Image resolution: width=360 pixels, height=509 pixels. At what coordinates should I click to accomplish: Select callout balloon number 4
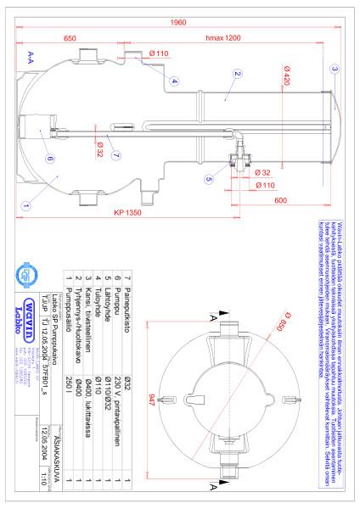tap(173, 81)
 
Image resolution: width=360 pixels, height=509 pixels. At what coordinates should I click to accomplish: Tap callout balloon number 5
tap(210, 180)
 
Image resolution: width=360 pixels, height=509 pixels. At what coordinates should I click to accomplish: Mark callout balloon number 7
tap(116, 154)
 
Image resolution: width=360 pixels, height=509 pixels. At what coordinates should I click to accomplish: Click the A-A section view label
tap(31, 56)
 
